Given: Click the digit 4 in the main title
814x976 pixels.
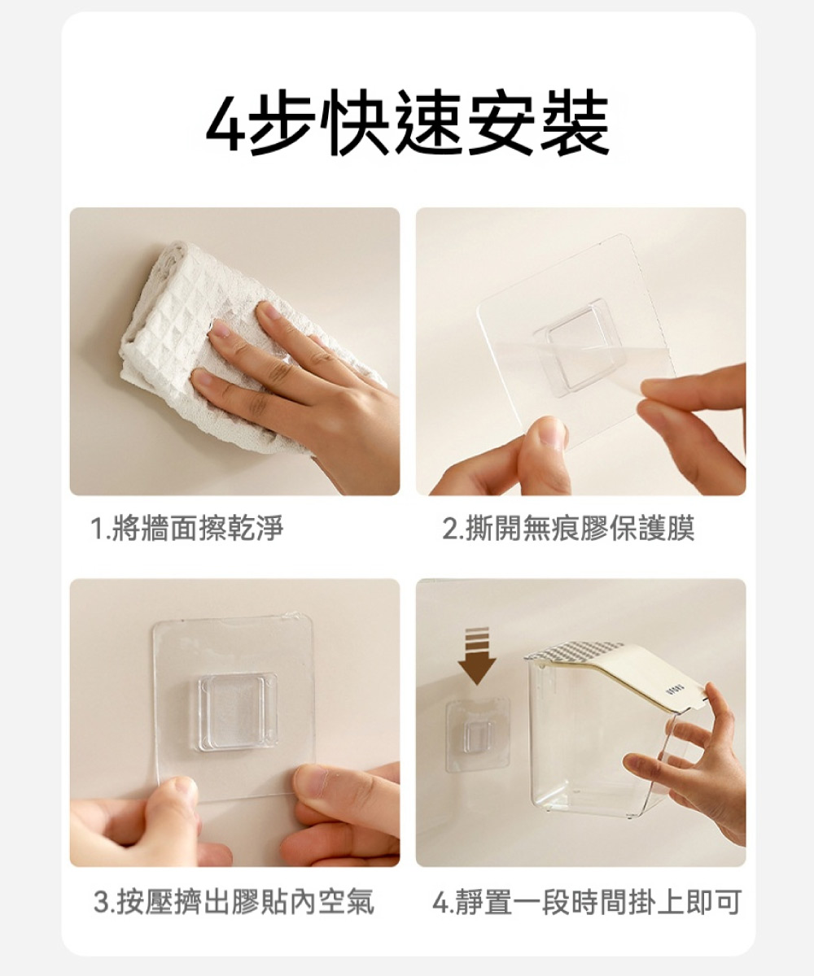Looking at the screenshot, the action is coord(228,124).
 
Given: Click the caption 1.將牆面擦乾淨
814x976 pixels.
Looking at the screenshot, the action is coord(187,528).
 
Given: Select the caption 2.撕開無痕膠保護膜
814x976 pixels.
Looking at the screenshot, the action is coord(568,528).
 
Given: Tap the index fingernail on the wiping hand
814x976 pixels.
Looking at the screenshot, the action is coord(218,330).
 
